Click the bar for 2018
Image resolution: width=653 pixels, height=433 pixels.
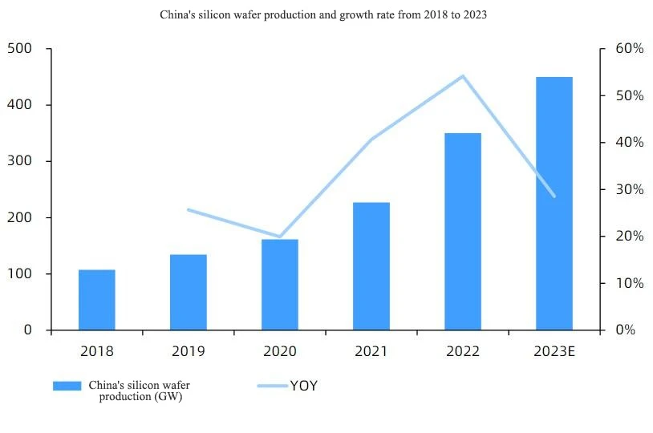(x=97, y=300)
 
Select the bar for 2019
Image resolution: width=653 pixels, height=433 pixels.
(x=189, y=292)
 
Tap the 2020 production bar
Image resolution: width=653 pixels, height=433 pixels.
(x=280, y=285)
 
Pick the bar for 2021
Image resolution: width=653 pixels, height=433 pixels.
(x=371, y=266)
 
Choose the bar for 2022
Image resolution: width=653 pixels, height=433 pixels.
(x=463, y=232)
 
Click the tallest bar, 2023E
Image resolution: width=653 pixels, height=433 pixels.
(x=554, y=204)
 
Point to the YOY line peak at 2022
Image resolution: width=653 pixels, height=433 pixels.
(x=463, y=76)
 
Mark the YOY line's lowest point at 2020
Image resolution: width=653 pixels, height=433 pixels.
(x=280, y=237)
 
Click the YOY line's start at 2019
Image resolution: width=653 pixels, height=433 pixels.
(x=189, y=210)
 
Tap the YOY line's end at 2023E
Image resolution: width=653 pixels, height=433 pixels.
(x=554, y=196)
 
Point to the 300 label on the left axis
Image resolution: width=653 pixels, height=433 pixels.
(x=19, y=160)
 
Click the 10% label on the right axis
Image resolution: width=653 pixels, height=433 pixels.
(x=630, y=283)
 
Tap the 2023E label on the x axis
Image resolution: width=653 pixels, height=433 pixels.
(x=554, y=351)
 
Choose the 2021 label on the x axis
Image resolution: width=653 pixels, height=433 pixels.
(x=371, y=351)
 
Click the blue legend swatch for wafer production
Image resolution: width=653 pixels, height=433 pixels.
(x=67, y=386)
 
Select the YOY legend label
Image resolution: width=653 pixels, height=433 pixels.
(x=304, y=386)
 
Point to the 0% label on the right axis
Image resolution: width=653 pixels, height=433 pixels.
(x=626, y=330)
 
